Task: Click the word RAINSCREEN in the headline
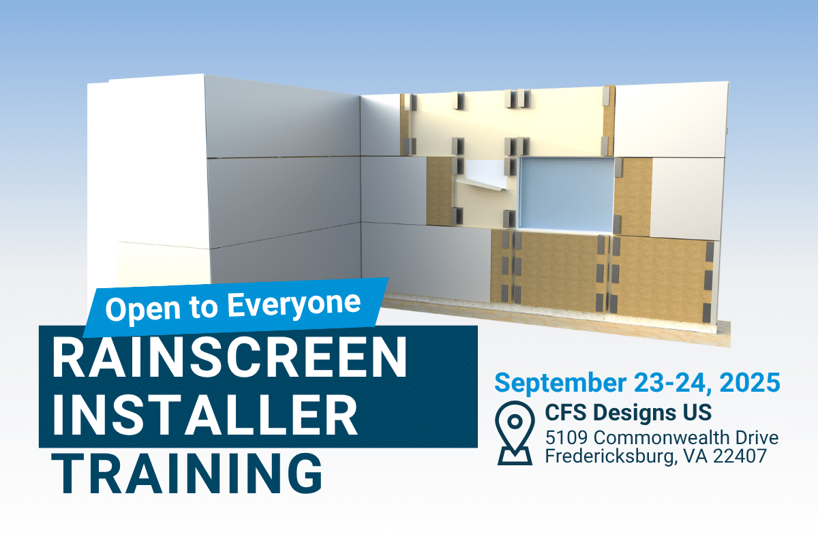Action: [x=230, y=356]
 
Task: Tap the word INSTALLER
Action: [x=205, y=415]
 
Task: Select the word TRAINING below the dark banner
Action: [x=187, y=473]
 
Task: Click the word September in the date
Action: [x=560, y=383]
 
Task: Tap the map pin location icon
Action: [x=515, y=433]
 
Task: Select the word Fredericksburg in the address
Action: [x=609, y=456]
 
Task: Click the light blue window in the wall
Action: [x=566, y=195]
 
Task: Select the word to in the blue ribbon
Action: [x=203, y=308]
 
